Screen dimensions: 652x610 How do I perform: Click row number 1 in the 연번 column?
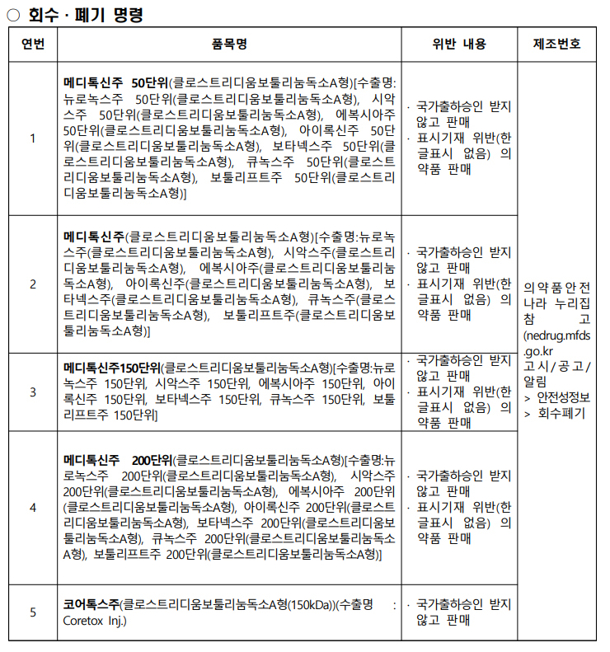pos(33,138)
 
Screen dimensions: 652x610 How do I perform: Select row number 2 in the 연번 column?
pos(33,284)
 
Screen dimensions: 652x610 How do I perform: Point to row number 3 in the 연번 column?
pos(33,392)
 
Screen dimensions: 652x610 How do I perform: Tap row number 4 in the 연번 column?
pos(33,508)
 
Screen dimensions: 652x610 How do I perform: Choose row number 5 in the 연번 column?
pos(33,612)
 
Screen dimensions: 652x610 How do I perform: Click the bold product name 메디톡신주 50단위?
pos(116,83)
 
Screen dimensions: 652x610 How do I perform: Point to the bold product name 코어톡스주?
pos(92,605)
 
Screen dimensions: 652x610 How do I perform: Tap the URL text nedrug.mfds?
pos(556,336)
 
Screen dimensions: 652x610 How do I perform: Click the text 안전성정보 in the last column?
pos(563,398)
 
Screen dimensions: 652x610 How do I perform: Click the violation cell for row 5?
pos(459,612)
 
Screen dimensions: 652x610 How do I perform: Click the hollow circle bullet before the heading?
pos(13,14)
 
